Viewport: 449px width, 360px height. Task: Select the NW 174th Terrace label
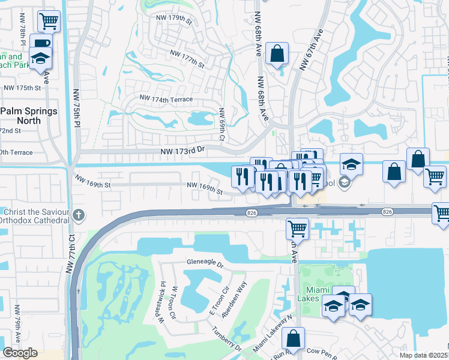(x=166, y=98)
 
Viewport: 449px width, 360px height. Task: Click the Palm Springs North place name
(x=29, y=116)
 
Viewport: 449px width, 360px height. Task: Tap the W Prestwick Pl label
(x=162, y=303)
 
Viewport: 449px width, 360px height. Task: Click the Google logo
(x=20, y=353)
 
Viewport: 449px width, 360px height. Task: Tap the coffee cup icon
(x=41, y=44)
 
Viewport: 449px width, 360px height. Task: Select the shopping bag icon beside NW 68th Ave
(x=277, y=53)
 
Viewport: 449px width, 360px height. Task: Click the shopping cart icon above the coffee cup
(x=49, y=22)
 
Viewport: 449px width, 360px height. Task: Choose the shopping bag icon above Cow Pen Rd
(x=293, y=338)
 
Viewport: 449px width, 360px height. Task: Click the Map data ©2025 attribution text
(x=424, y=355)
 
